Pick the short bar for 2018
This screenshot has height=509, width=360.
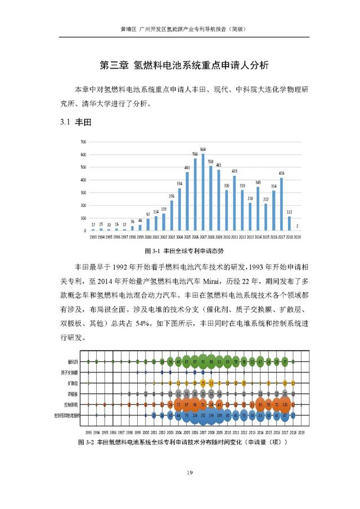click(289, 224)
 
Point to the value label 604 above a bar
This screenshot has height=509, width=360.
click(203, 148)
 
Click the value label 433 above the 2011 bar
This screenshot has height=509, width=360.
click(235, 170)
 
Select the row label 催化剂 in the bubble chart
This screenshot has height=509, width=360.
click(74, 362)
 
